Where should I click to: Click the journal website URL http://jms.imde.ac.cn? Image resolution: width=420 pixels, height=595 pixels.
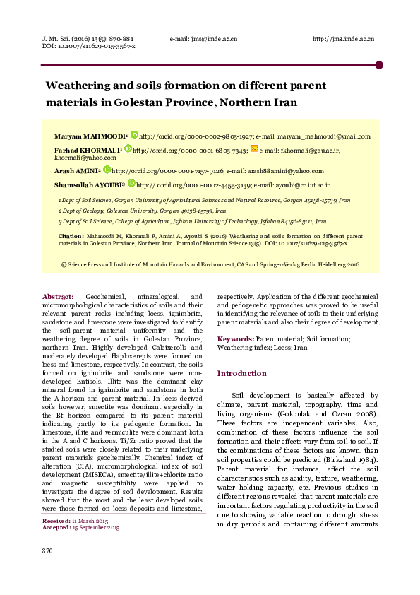point(342,39)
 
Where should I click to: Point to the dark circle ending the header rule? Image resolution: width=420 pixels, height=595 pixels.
point(379,65)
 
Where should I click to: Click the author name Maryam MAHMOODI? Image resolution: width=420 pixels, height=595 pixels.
point(89,136)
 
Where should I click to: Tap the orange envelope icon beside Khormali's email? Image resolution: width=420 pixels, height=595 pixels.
point(254,149)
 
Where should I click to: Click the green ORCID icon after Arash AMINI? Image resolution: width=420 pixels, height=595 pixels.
point(107,170)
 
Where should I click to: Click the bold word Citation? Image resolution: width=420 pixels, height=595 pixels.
point(71,235)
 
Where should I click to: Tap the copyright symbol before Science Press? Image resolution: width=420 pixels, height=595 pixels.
point(64,264)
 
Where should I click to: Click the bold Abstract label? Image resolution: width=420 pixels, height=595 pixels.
point(58,295)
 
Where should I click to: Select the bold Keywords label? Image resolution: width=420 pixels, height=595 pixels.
point(235,339)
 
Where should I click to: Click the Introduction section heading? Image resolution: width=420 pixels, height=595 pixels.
point(241,373)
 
